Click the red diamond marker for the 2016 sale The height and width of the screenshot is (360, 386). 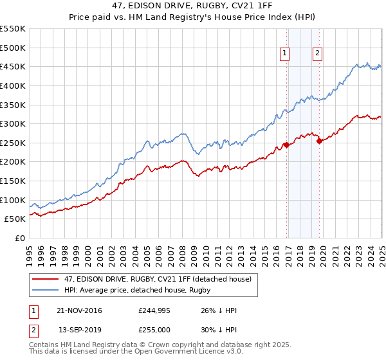[286, 145]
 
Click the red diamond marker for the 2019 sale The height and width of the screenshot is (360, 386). [319, 141]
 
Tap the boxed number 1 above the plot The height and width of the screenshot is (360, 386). [284, 54]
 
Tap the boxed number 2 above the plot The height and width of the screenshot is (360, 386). [318, 54]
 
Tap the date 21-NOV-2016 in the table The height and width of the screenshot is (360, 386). [79, 310]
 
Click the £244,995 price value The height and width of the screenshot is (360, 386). [154, 310]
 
